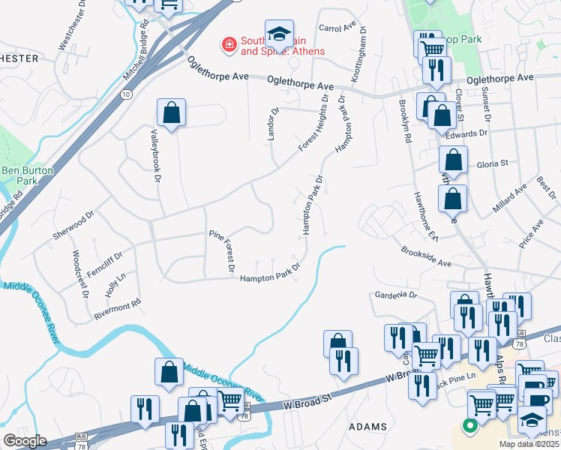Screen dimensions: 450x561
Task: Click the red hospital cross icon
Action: (x=227, y=46)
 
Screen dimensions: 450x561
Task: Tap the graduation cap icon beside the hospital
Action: (x=279, y=34)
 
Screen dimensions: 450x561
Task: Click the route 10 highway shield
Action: (x=125, y=94)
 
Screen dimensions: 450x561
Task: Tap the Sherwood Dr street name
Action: (x=73, y=223)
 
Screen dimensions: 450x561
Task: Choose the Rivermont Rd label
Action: (x=118, y=311)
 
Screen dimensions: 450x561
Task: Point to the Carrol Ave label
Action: (x=337, y=28)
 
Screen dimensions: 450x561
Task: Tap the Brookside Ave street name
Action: (x=426, y=258)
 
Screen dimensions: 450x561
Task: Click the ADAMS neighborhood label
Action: (x=368, y=426)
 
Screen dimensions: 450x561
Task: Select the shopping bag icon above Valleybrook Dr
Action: (x=172, y=113)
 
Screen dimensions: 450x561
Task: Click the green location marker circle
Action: (x=470, y=427)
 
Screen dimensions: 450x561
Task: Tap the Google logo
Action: (x=25, y=441)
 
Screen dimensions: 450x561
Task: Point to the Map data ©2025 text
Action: (x=529, y=444)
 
